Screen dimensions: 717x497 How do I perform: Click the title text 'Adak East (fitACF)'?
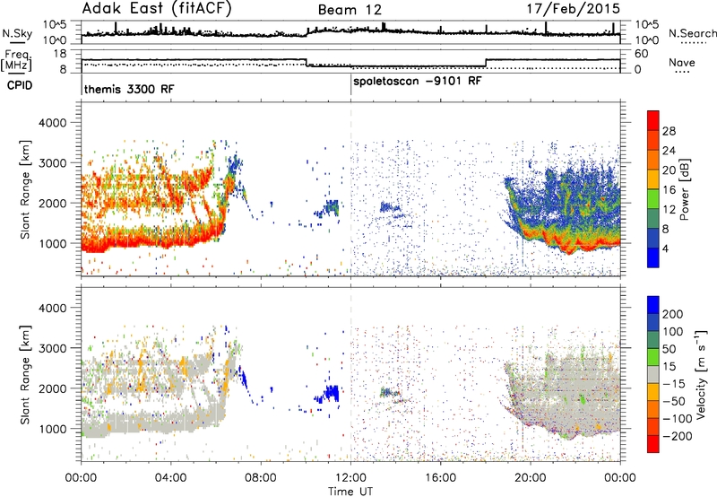[x=157, y=8]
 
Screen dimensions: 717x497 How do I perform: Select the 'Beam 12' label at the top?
[x=350, y=10]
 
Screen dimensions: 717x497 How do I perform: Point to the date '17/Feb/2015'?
[x=574, y=9]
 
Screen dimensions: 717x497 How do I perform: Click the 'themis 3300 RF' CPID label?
[x=129, y=89]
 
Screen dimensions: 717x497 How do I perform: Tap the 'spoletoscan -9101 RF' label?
[x=418, y=82]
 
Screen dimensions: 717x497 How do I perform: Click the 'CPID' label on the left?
[x=20, y=85]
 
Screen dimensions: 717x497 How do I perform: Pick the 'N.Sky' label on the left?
[x=17, y=33]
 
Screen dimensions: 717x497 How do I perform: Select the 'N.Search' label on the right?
[x=692, y=33]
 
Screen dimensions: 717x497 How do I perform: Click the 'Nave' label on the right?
[x=682, y=62]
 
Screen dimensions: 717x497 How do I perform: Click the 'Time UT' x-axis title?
[x=350, y=491]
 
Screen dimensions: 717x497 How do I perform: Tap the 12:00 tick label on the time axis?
[x=350, y=478]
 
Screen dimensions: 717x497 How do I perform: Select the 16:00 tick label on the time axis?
[x=440, y=478]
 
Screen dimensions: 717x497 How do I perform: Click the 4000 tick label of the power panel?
[x=53, y=123]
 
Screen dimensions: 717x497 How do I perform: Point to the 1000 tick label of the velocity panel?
[x=53, y=429]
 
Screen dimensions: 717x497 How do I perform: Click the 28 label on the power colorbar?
[x=669, y=131]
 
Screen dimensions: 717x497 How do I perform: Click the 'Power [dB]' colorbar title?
[x=684, y=189]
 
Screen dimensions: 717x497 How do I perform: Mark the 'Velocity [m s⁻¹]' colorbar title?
[x=701, y=374]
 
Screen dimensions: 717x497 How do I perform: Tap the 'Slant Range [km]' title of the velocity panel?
[x=25, y=374]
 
